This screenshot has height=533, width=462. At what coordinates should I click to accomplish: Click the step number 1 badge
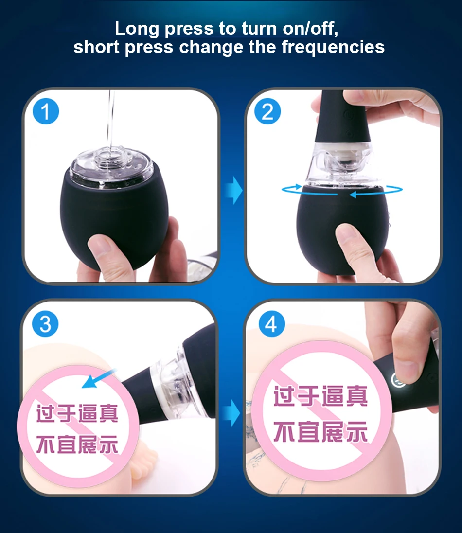[x=46, y=112]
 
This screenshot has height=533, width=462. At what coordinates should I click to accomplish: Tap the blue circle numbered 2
[x=267, y=112]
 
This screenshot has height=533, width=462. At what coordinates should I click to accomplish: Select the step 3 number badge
[x=45, y=324]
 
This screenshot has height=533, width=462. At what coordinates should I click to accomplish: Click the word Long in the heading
[x=137, y=29]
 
